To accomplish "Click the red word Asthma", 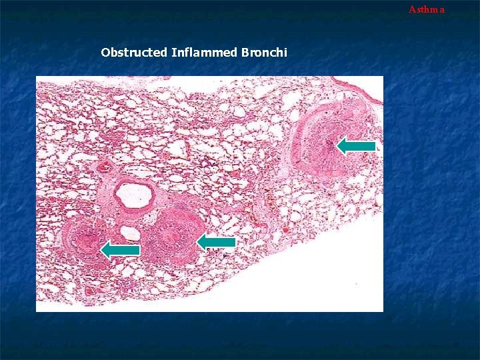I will coord(426,9).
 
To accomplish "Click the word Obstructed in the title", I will coord(134,52).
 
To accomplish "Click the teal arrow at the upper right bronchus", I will coord(356,145).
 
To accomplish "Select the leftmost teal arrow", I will coord(120,249).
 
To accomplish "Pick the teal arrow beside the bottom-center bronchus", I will coord(216,242).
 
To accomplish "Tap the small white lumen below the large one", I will coord(131,233).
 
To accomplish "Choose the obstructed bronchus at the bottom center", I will coord(172,237).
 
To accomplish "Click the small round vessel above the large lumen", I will coord(103,167).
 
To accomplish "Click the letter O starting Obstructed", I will coord(105,52).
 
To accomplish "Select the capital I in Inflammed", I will coord(173,52).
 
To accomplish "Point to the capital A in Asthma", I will coord(412,9).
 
